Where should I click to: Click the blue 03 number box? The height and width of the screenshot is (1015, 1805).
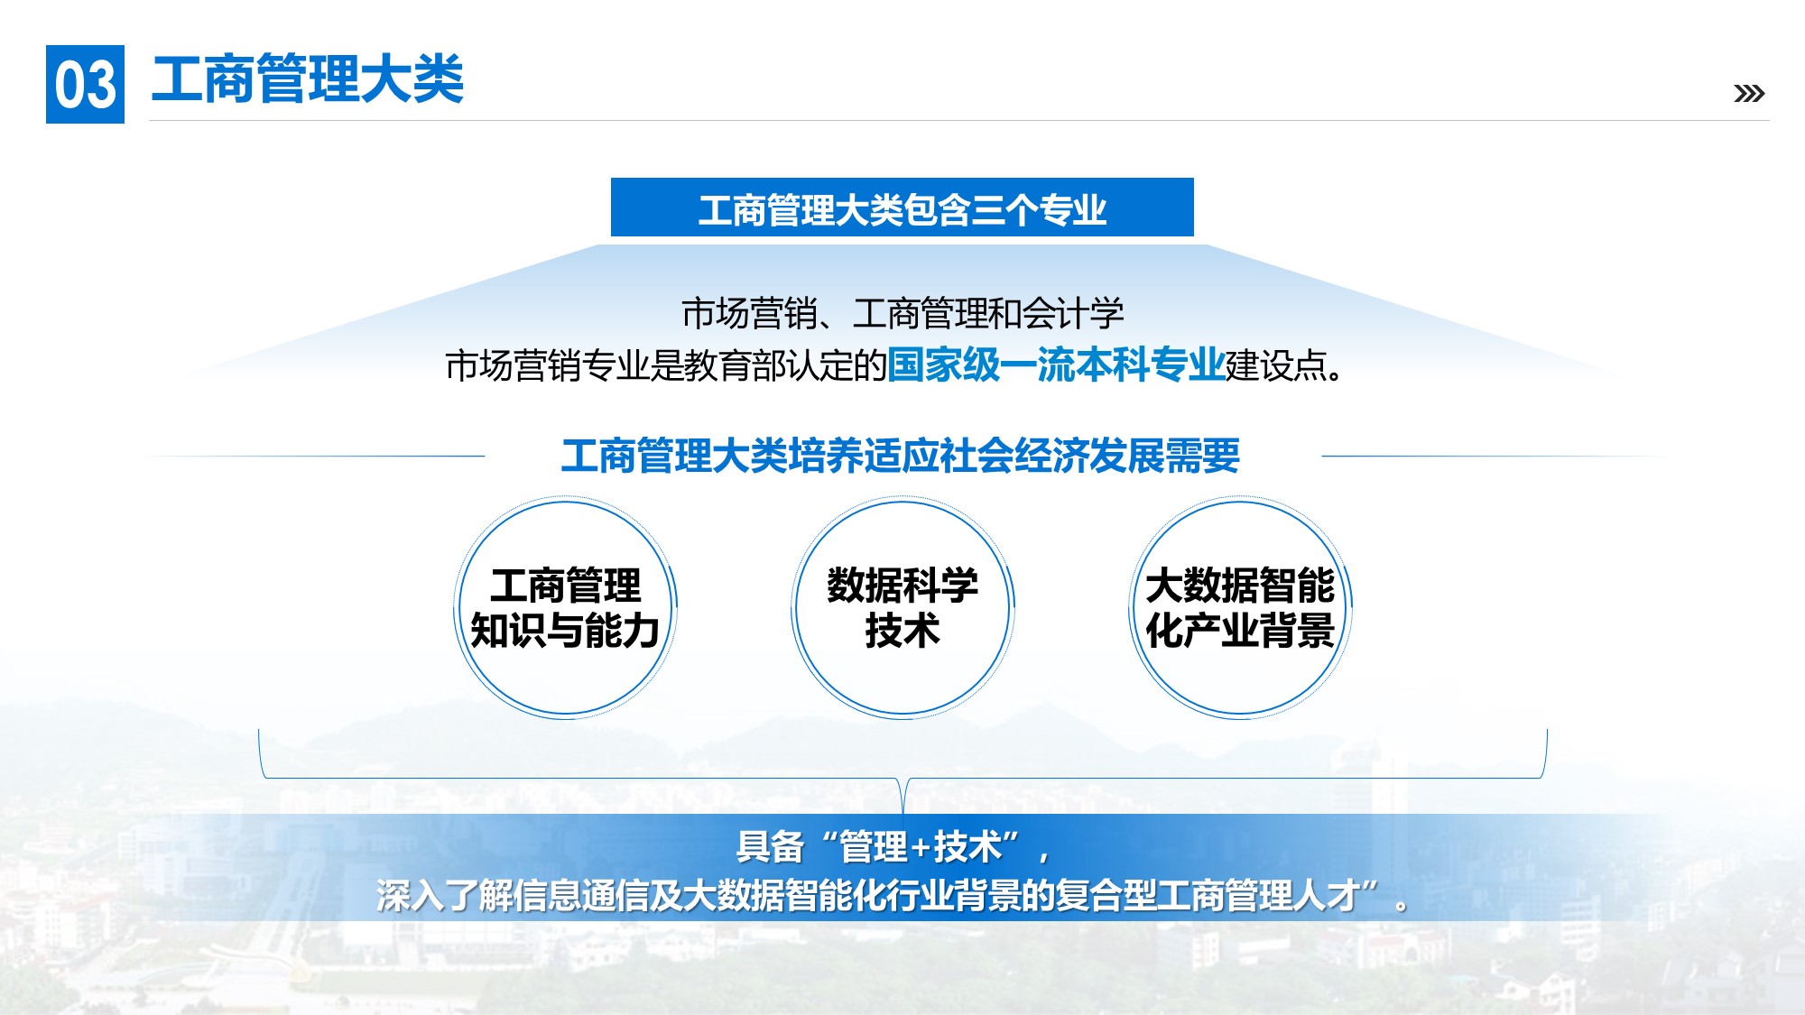pyautogui.click(x=85, y=84)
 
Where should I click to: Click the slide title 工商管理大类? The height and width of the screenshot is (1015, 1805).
pyautogui.click(x=308, y=79)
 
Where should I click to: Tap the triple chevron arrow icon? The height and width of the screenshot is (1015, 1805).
pyautogui.click(x=1749, y=93)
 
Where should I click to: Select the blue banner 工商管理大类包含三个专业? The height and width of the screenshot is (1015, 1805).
pyautogui.click(x=902, y=208)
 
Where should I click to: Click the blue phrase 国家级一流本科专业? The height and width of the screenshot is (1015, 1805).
pyautogui.click(x=1056, y=365)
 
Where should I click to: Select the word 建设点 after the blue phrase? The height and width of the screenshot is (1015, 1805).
pyautogui.click(x=1275, y=365)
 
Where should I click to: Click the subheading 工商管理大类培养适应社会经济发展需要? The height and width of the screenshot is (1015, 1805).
pyautogui.click(x=901, y=456)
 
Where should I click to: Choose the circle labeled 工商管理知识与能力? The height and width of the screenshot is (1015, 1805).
pyautogui.click(x=566, y=607)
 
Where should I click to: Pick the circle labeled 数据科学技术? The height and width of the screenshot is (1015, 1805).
pyautogui.click(x=902, y=607)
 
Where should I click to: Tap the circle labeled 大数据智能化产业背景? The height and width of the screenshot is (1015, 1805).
pyautogui.click(x=1240, y=607)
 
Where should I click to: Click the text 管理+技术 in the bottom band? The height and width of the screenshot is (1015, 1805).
pyautogui.click(x=920, y=847)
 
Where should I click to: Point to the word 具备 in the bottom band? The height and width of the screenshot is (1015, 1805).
pyautogui.click(x=770, y=847)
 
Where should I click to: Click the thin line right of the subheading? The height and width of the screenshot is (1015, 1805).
pyautogui.click(x=1494, y=456)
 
